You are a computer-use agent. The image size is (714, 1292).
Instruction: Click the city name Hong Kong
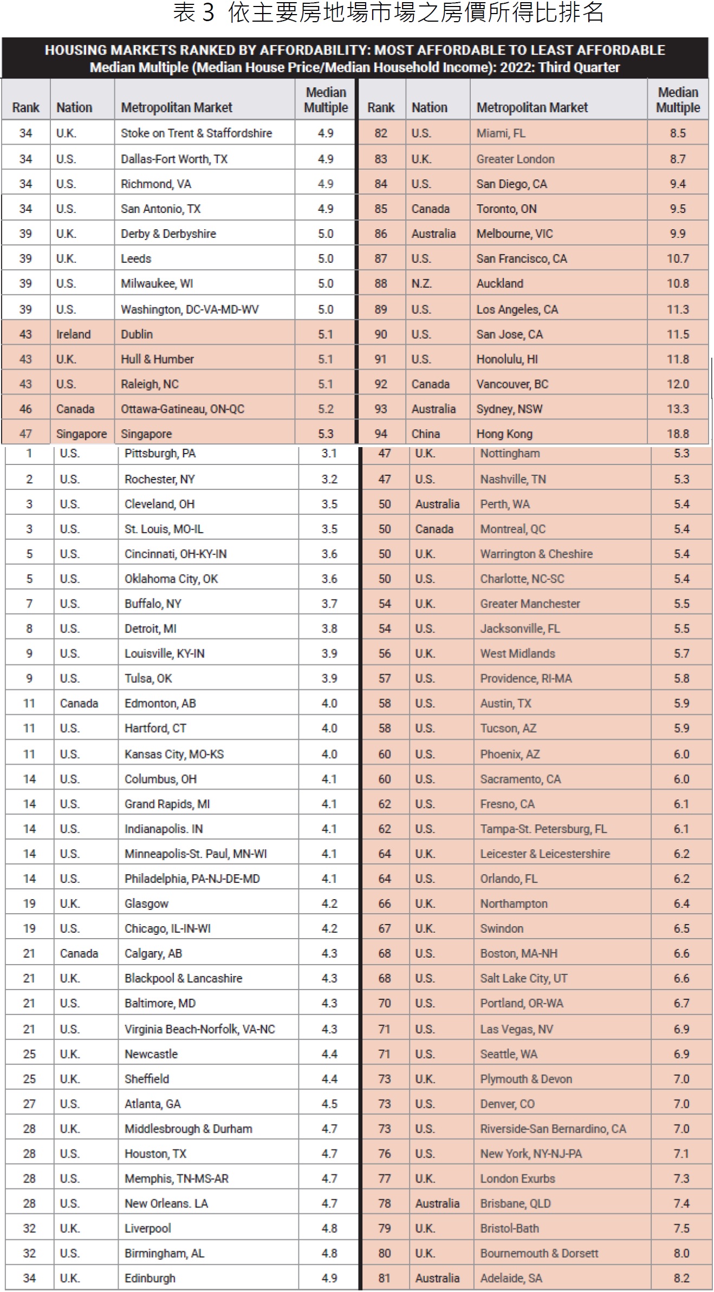pyautogui.click(x=504, y=434)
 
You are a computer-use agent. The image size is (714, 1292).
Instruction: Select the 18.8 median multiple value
pyautogui.click(x=678, y=434)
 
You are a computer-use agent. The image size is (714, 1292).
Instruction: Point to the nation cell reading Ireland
pyautogui.click(x=73, y=334)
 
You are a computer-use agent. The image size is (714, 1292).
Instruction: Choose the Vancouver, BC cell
pyautogui.click(x=512, y=384)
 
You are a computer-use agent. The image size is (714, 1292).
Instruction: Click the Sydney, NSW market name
pyautogui.click(x=509, y=409)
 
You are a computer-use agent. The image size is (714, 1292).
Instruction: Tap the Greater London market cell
pyautogui.click(x=515, y=159)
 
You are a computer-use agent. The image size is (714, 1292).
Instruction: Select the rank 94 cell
pyautogui.click(x=381, y=434)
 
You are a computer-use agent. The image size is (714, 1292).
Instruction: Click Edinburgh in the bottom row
pyautogui.click(x=150, y=1278)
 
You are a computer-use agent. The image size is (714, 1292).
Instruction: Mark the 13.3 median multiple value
pyautogui.click(x=678, y=409)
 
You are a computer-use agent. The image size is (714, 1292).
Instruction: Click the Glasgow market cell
pyautogui.click(x=146, y=903)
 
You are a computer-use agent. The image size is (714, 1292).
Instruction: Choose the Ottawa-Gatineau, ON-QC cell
pyautogui.click(x=183, y=409)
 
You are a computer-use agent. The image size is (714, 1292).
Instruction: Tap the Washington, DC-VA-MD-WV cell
pyautogui.click(x=190, y=309)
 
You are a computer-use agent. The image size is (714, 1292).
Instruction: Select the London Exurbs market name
pyautogui.click(x=517, y=1179)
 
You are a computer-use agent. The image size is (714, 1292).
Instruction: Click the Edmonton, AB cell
pyautogui.click(x=160, y=703)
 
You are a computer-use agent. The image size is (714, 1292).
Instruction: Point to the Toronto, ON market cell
pyautogui.click(x=507, y=209)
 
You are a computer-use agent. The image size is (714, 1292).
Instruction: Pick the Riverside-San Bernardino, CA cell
pyautogui.click(x=553, y=1129)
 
